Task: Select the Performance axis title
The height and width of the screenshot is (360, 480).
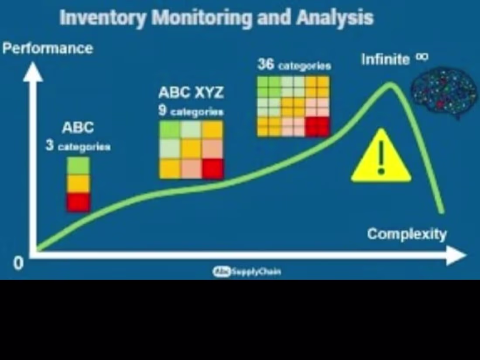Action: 48,48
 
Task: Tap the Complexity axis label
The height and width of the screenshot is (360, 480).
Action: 407,234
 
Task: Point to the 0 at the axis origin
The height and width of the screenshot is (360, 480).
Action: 18,263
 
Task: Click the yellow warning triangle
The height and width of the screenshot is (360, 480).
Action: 381,158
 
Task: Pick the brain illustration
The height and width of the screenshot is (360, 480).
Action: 438,92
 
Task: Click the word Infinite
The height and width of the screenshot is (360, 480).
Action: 386,59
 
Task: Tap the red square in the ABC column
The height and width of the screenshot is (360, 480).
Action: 79,202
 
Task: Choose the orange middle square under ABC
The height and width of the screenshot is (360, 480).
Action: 79,184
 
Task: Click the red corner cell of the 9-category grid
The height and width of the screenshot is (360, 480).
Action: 213,169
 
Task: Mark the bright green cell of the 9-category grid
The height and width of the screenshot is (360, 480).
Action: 170,130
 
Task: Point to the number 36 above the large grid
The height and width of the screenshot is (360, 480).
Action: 266,65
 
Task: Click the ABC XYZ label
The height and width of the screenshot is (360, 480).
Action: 191,93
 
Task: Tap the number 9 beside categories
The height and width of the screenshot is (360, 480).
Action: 162,111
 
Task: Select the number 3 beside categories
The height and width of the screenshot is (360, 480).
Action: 50,146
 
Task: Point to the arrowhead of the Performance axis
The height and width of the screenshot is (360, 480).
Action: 33,72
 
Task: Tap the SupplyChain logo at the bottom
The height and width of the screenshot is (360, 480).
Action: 247,272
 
